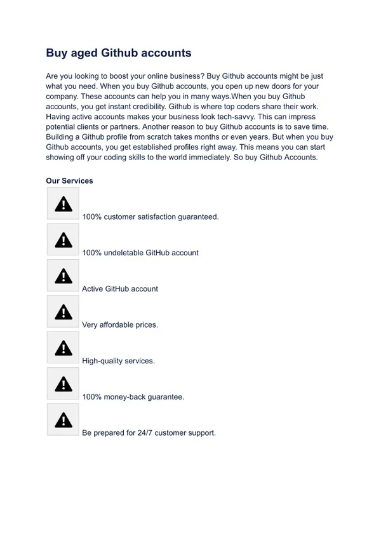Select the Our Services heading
click(69, 181)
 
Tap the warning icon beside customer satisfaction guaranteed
click(63, 204)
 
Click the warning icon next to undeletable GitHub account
click(63, 239)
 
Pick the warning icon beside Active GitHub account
click(63, 276)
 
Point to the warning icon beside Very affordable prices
click(63, 312)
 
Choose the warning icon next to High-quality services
click(63, 347)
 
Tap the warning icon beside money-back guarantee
click(63, 384)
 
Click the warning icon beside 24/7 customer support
click(63, 420)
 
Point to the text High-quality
click(102, 361)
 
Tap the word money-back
click(126, 397)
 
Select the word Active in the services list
click(93, 289)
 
